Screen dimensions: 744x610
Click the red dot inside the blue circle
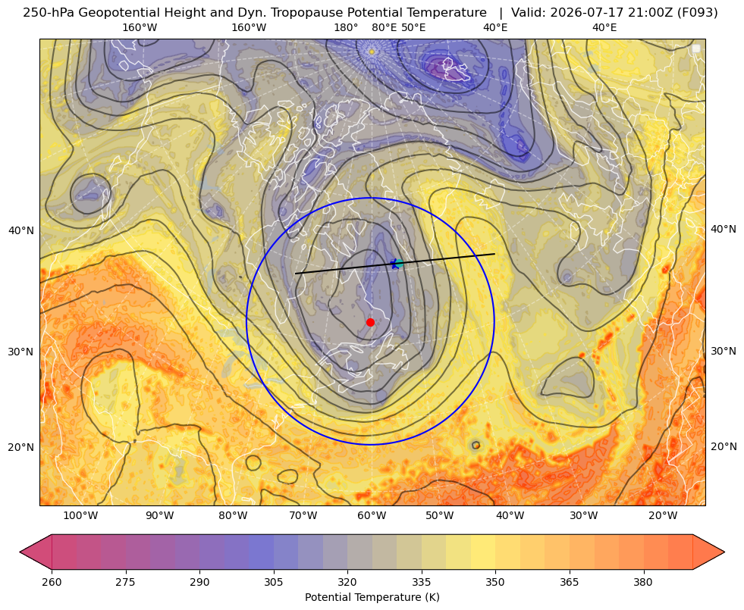coord(370,322)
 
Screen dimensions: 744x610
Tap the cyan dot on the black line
coord(399,263)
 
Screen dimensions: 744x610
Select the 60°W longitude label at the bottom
coord(372,516)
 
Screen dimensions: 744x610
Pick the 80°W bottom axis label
coord(233,516)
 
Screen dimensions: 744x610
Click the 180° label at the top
coord(346,27)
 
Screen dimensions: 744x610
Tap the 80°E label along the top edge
coord(384,27)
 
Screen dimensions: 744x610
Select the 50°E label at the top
coord(413,27)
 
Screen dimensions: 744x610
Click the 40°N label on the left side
coord(21,231)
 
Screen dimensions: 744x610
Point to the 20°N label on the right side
coord(724,446)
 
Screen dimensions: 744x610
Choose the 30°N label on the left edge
coord(21,352)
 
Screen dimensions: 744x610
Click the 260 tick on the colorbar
coord(52,582)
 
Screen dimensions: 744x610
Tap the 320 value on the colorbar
coord(347,582)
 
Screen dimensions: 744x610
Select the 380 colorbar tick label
coord(643,582)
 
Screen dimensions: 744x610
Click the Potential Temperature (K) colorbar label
coord(372,597)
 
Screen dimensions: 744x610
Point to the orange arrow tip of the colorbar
coord(724,552)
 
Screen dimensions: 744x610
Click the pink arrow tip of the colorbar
coord(20,552)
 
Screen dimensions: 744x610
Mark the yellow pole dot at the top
coord(372,52)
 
